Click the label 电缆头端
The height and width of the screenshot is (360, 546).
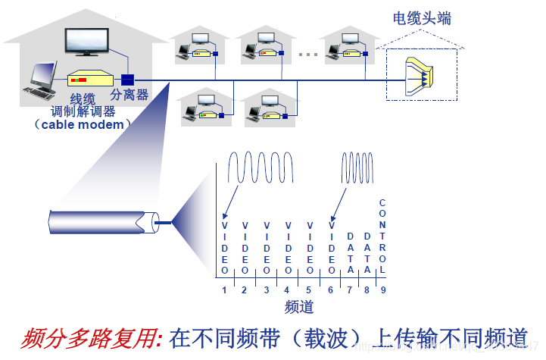[x=423, y=18]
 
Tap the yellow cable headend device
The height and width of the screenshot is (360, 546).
[x=420, y=72]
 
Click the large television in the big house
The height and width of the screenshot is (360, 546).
[x=88, y=42]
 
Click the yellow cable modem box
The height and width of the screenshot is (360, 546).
[x=90, y=80]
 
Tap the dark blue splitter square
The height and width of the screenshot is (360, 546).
[x=128, y=80]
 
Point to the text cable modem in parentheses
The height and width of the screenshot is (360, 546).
[x=83, y=124]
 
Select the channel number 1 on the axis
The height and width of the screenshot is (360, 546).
[x=225, y=290]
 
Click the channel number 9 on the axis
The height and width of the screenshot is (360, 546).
[x=383, y=290]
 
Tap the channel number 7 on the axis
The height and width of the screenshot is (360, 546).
[x=349, y=290]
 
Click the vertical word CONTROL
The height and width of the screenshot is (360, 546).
[x=382, y=236]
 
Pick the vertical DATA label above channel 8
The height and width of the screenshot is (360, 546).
[x=367, y=253]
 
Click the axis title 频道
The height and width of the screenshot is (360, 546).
[x=299, y=307]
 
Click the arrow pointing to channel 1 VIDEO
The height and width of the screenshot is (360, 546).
[x=232, y=201]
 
